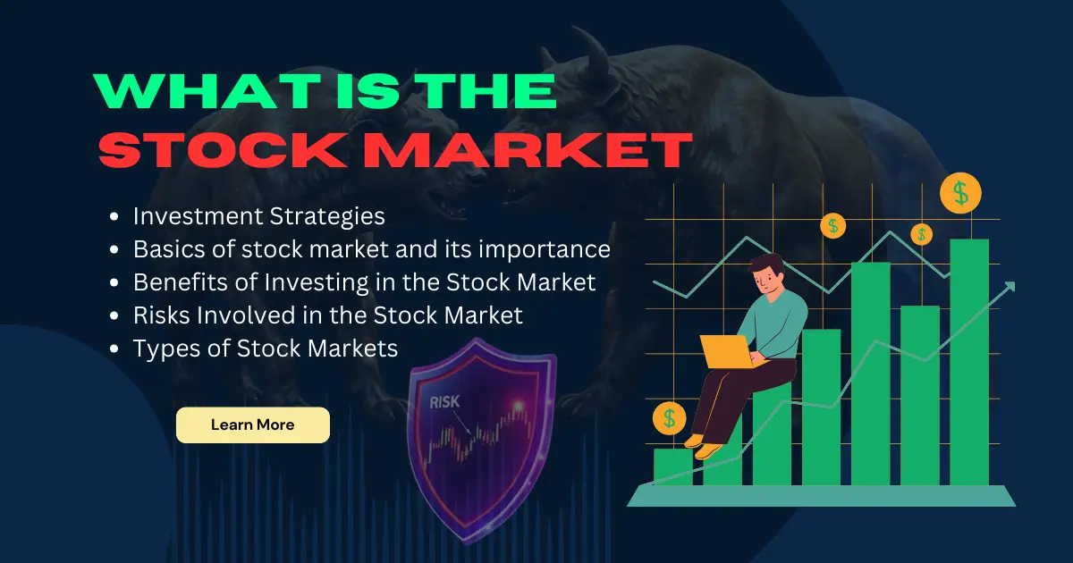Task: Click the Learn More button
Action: pos(252,425)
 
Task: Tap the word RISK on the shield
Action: pos(444,402)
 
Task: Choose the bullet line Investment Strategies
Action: pos(258,216)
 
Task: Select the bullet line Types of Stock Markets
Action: pos(265,349)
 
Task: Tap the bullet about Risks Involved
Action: pos(327,315)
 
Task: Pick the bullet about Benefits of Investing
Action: pos(364,282)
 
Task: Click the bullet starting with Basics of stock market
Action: pos(371,249)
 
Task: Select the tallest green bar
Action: pos(968,362)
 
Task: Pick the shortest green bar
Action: pos(672,466)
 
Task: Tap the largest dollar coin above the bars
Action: pos(960,192)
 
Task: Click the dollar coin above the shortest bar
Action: pos(669,417)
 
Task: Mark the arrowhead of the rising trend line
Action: pos(1010,286)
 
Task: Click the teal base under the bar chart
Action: pos(821,496)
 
